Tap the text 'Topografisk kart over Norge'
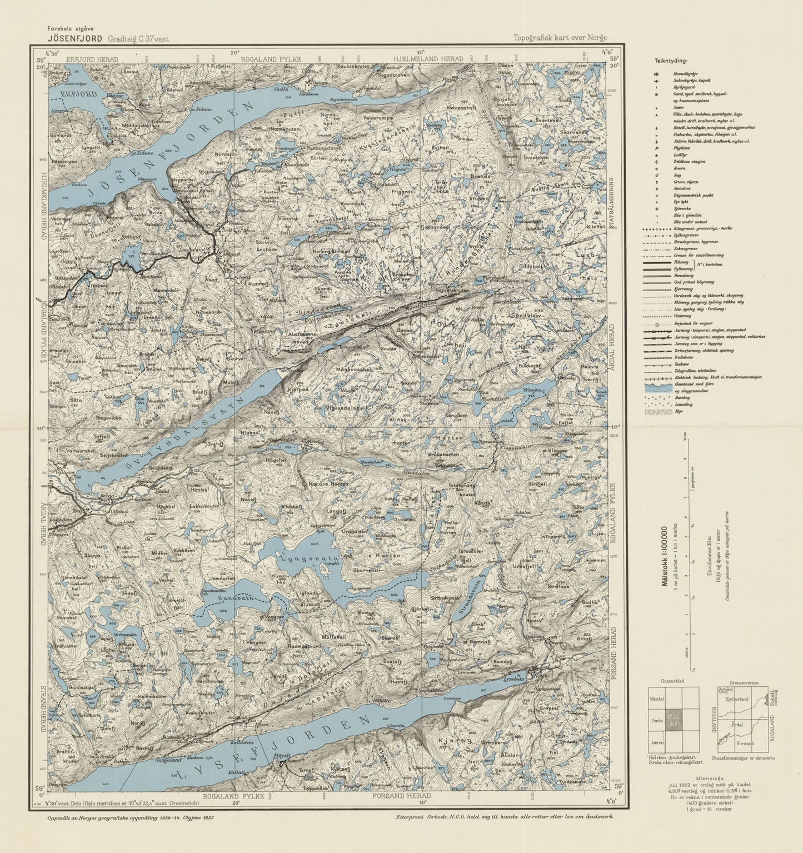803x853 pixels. (560, 38)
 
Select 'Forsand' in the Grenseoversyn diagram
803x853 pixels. (745, 743)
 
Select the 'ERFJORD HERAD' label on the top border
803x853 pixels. (92, 59)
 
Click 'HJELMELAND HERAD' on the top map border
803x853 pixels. (428, 59)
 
